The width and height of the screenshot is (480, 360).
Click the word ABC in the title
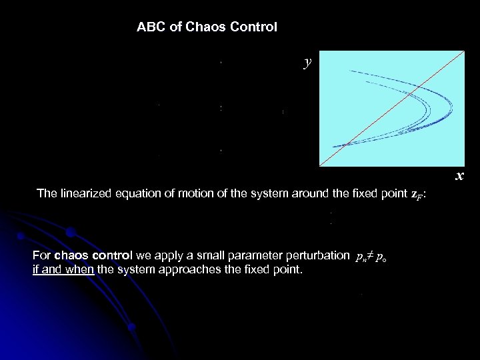pyautogui.click(x=149, y=27)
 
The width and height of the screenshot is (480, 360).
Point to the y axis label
pyautogui.click(x=307, y=62)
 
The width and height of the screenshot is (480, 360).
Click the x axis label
pyautogui.click(x=459, y=176)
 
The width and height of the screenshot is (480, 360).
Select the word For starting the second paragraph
pyautogui.click(x=41, y=255)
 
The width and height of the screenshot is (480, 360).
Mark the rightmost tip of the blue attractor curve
pyautogui.click(x=453, y=106)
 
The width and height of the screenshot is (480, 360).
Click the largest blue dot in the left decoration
pyautogui.click(x=70, y=233)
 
